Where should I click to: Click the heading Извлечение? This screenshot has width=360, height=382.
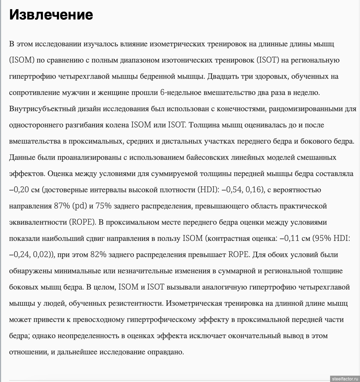(x=51, y=15)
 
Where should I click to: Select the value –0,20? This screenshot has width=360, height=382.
(x=19, y=190)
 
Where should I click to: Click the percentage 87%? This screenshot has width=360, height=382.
(x=62, y=206)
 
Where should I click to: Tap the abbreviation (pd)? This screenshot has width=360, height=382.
(x=80, y=206)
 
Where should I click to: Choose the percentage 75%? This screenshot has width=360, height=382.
(x=103, y=206)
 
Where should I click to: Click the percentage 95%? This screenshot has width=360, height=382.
(x=322, y=239)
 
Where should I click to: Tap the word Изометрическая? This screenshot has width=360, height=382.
(x=194, y=303)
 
